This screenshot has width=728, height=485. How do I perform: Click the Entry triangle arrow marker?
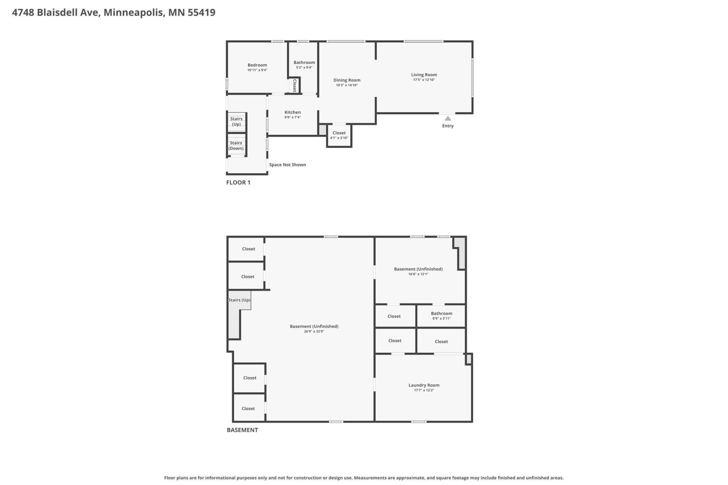tap(448, 118)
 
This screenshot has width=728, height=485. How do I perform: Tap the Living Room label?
tap(424, 75)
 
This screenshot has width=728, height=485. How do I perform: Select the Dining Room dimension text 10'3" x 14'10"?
tap(346, 85)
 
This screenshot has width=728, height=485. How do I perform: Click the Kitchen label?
tap(292, 112)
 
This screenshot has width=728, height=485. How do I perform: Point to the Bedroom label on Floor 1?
tap(257, 65)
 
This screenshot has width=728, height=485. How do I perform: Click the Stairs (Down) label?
tap(236, 146)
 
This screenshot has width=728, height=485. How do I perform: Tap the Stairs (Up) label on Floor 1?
tap(236, 121)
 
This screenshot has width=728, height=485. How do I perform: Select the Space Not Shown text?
tap(287, 165)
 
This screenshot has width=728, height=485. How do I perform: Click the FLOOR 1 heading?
tap(238, 182)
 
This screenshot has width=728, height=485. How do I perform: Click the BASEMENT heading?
tap(242, 430)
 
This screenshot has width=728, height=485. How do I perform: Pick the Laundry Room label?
tap(424, 385)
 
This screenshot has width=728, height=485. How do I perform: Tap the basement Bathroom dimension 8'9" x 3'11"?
tap(441, 318)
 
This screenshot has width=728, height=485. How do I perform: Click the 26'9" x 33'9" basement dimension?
tap(314, 331)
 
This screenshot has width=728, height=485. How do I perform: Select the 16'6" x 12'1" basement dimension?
tap(418, 274)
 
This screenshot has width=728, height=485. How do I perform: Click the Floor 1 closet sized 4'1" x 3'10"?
tap(339, 135)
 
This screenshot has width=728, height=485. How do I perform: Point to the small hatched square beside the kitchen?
tap(322, 130)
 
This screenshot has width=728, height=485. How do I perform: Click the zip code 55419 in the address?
tap(201, 13)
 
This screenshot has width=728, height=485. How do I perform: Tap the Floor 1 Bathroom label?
tap(304, 63)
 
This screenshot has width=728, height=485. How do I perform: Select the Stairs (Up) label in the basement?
tap(239, 300)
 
